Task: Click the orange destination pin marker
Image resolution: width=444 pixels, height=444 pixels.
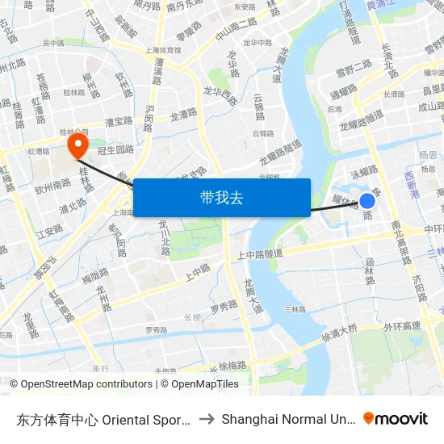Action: point(77,145)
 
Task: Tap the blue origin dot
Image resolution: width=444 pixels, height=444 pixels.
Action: point(367,201)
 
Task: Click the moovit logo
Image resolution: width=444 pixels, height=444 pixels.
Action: point(396,418)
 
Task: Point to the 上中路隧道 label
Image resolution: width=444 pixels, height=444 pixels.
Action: point(259,254)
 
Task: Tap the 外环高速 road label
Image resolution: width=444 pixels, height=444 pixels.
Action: point(403,326)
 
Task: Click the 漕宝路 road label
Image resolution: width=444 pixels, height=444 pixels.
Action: point(119,122)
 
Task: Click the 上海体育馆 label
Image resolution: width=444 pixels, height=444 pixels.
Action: point(163,49)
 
